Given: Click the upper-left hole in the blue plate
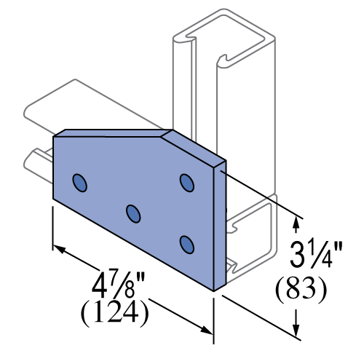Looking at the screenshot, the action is tap(80, 183).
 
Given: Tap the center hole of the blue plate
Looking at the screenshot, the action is tap(133, 214).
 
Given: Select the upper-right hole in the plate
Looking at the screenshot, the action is tap(187, 183).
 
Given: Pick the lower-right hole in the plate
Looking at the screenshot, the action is tap(187, 245).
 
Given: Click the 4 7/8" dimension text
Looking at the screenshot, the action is tap(118, 283).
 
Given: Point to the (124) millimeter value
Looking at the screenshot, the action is tap(114, 313).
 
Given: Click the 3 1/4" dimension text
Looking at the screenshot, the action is tap(316, 254).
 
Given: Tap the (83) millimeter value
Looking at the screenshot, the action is tap(301, 290).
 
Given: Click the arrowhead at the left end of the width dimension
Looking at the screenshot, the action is tap(60, 249).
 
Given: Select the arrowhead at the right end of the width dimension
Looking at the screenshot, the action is tap(206, 330).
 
